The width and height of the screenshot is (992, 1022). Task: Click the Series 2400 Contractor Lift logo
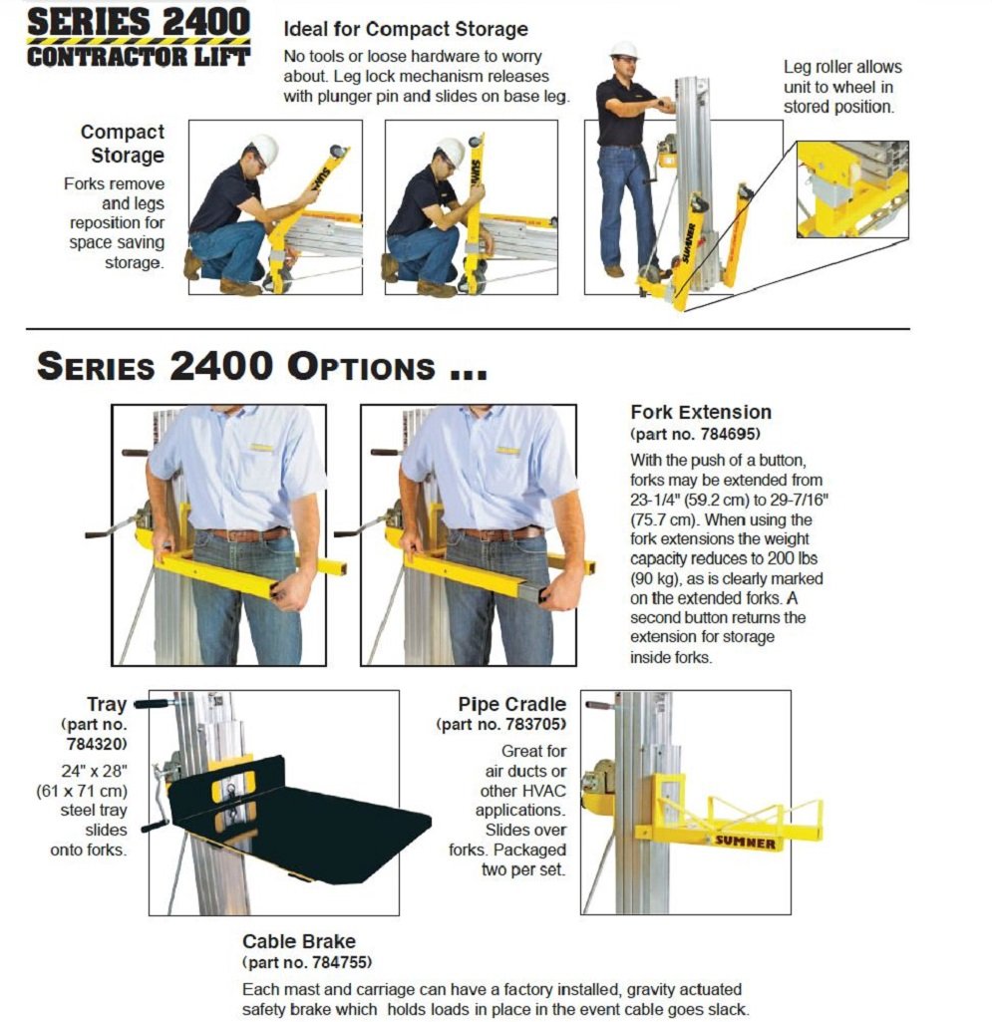click(x=139, y=37)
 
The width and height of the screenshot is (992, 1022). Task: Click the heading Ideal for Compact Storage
click(x=406, y=29)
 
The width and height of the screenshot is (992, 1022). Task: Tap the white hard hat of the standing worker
click(x=624, y=50)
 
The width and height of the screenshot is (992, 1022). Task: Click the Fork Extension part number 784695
click(x=702, y=435)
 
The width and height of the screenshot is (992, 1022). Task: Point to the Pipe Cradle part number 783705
click(x=501, y=724)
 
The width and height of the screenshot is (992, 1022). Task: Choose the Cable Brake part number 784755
click(x=308, y=962)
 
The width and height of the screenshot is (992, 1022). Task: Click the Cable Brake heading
click(x=299, y=941)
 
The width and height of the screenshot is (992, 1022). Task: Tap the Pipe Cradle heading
click(x=512, y=704)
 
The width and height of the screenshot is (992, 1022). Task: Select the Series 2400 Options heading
click(x=261, y=366)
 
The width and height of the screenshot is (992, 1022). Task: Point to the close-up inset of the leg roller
click(x=852, y=189)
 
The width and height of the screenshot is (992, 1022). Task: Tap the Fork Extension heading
click(x=701, y=412)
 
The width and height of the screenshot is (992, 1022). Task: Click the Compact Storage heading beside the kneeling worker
click(x=122, y=144)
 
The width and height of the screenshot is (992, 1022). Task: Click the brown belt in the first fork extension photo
click(x=244, y=534)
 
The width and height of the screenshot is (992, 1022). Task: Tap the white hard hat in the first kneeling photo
click(x=264, y=150)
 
